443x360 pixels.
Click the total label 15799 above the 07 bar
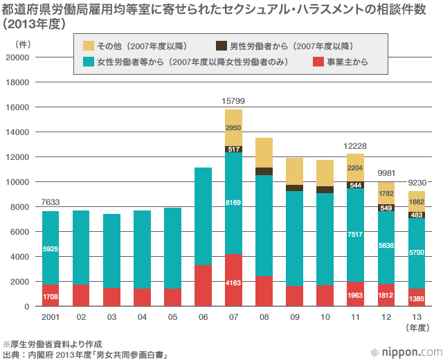coord(233,101)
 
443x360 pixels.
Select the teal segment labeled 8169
coord(233,203)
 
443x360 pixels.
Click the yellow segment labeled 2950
coord(233,127)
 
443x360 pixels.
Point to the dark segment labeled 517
coord(233,149)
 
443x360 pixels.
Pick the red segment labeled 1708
coord(51,296)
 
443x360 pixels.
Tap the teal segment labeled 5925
coord(51,248)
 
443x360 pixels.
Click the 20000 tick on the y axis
coord(17,57)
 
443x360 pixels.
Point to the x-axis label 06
coord(203,318)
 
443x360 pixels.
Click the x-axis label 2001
coord(51,318)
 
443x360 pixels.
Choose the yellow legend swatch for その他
coord(89,46)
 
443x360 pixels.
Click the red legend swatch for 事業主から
coord(318,62)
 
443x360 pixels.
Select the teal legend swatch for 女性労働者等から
coord(89,62)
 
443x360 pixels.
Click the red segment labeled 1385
coord(416,298)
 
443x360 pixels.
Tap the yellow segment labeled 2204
coord(355,168)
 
